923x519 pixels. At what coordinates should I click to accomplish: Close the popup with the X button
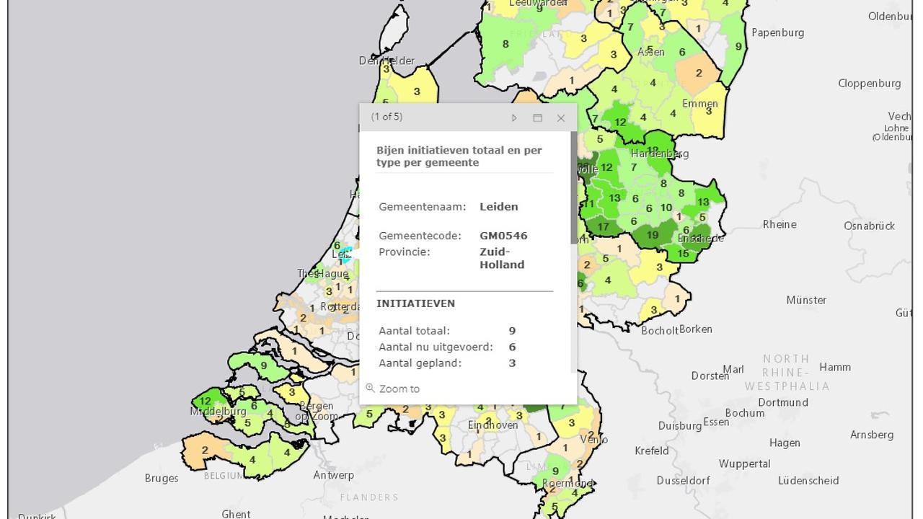point(561,117)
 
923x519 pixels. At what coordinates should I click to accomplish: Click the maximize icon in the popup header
point(537,117)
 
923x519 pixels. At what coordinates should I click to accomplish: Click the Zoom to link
point(399,389)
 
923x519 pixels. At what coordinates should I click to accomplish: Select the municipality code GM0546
point(503,236)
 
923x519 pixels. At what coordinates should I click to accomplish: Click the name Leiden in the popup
point(498,206)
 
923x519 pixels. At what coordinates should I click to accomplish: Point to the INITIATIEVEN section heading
point(415,303)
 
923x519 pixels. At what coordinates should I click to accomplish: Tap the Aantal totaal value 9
point(512,331)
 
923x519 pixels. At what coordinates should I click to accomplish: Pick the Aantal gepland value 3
point(512,363)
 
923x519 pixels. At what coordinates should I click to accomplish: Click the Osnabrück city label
point(869,226)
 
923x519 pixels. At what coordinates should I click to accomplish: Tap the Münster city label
point(806,300)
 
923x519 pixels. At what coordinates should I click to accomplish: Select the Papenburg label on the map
point(777,32)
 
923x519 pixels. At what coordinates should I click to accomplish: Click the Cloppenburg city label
point(869,83)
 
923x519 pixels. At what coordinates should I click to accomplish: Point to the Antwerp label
point(334,475)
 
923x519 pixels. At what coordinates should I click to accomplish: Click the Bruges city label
point(162,478)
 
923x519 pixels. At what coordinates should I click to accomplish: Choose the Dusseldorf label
point(683,480)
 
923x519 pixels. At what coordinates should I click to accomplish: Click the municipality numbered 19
point(653,234)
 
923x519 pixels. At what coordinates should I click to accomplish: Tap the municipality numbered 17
point(603,227)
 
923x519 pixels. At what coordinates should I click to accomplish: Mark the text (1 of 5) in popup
point(387,117)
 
